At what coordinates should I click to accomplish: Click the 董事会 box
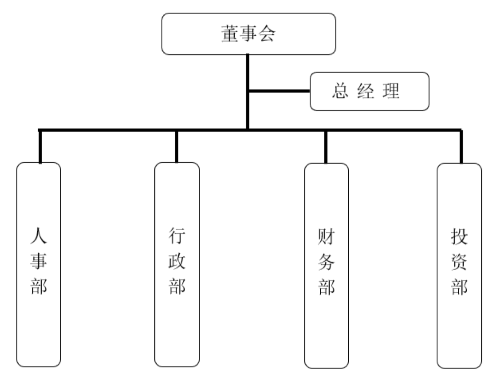[x=248, y=34]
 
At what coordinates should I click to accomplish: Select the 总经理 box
[x=369, y=91]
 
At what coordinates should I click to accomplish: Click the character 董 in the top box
[x=230, y=34]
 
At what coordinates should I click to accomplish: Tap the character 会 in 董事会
[x=267, y=34]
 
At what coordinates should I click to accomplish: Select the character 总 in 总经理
[x=340, y=92]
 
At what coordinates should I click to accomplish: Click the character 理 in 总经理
[x=391, y=92]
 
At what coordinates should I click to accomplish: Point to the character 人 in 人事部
[x=39, y=236]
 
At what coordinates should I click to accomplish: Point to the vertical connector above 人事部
[x=40, y=147]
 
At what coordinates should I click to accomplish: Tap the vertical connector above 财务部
[x=326, y=147]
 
